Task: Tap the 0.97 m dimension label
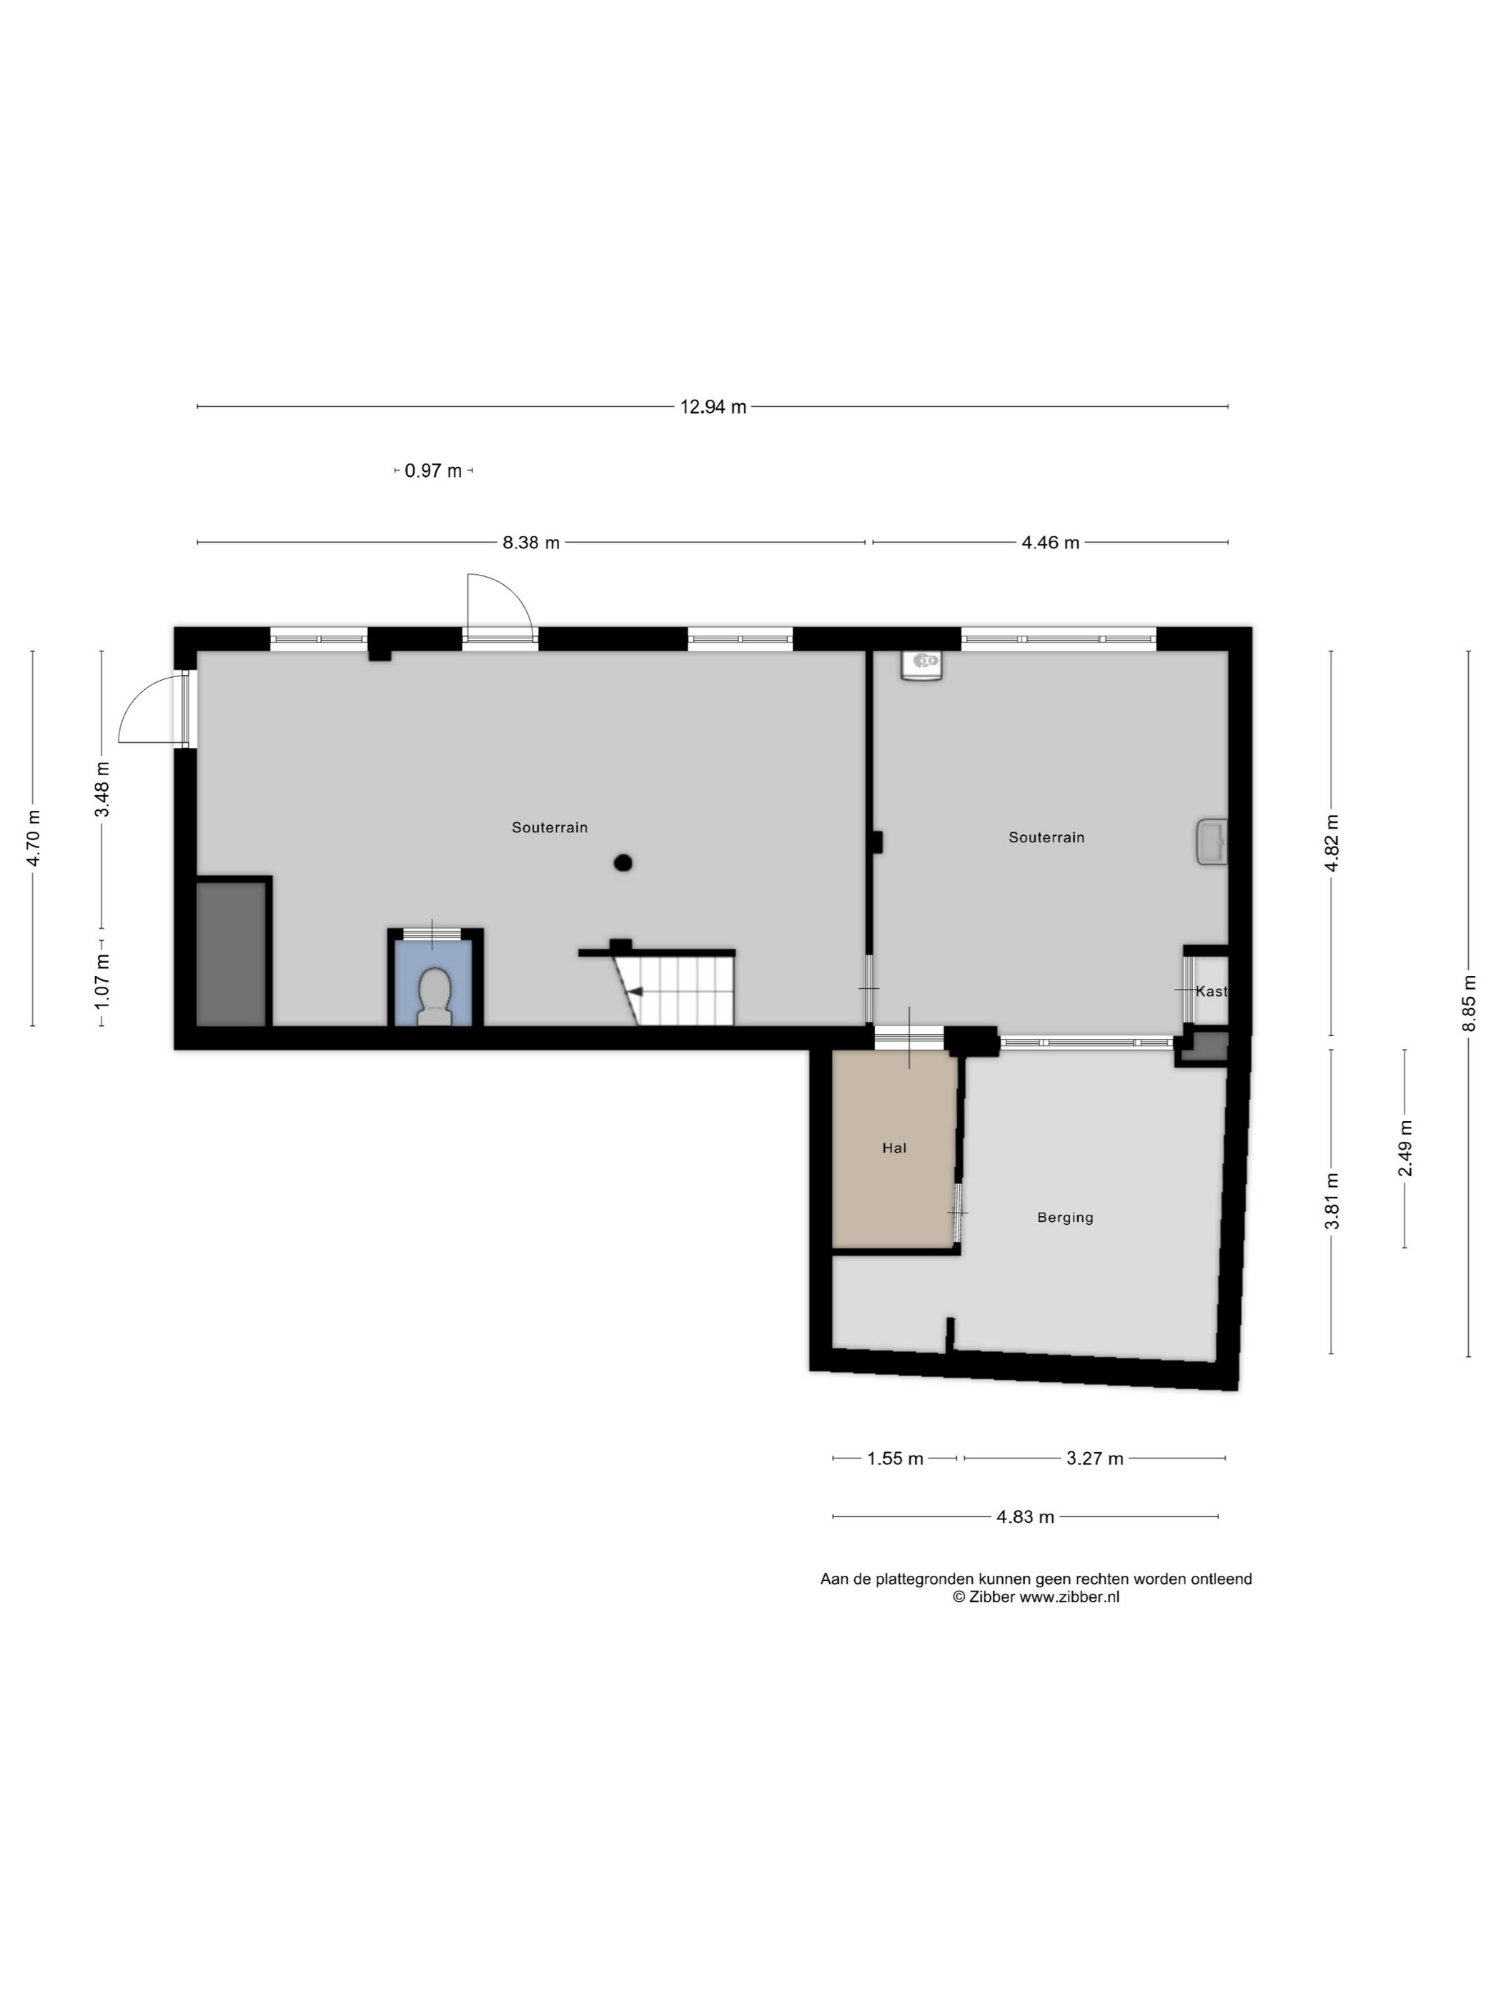[x=433, y=470]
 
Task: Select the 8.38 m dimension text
[x=531, y=543]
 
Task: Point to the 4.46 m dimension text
[x=1051, y=543]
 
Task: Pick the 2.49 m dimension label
[x=1405, y=1148]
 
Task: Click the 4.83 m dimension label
[x=1025, y=1517]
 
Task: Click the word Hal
[x=894, y=1148]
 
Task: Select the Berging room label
[x=1065, y=1218]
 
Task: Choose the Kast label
[x=1212, y=991]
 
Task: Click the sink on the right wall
[x=1212, y=842]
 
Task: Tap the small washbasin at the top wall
[x=921, y=665]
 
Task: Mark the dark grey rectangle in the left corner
[x=232, y=954]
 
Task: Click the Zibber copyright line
[x=1036, y=1597]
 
